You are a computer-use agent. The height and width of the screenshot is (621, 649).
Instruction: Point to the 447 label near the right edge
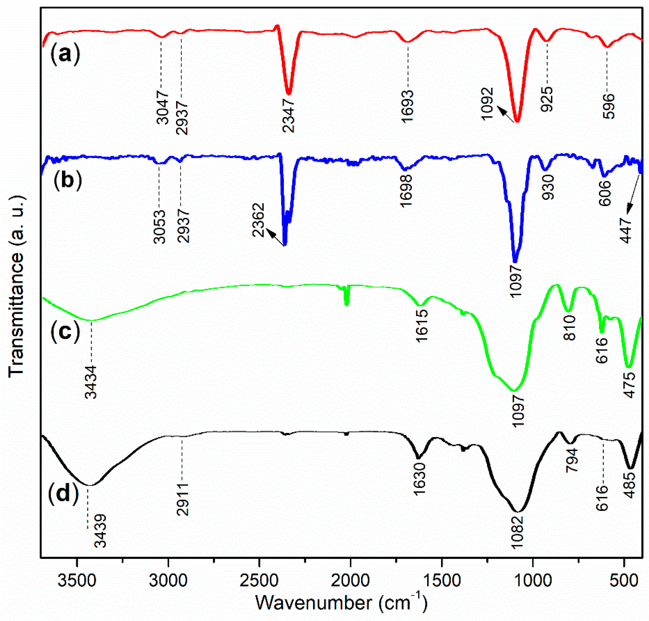point(627,231)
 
